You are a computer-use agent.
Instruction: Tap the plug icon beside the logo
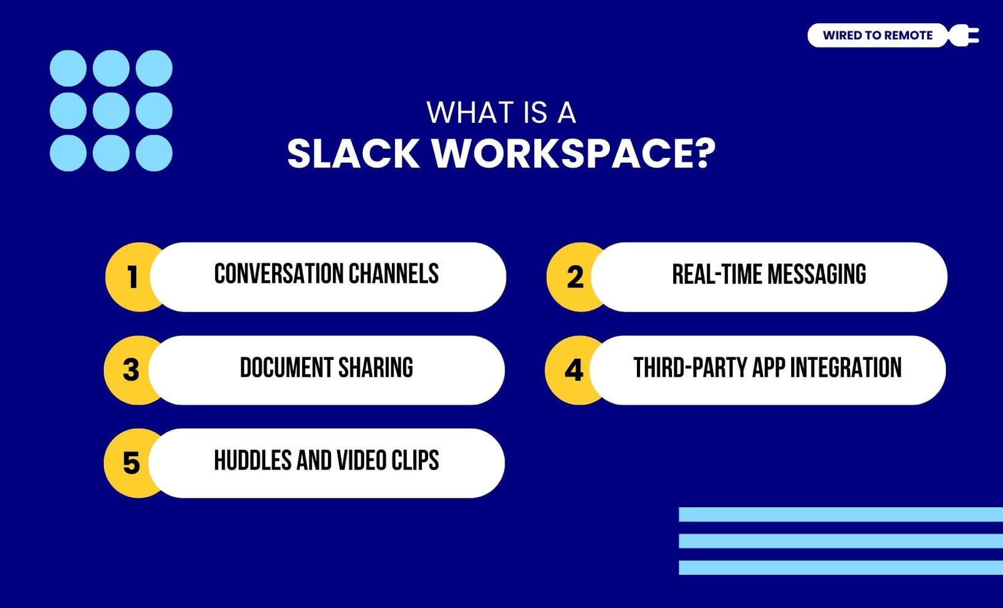[964, 35]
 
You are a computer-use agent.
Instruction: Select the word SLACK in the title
[354, 154]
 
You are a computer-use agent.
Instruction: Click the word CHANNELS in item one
[394, 273]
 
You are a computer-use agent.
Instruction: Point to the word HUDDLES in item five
[253, 460]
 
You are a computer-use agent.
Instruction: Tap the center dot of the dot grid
[111, 110]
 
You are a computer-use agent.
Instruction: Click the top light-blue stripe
[841, 515]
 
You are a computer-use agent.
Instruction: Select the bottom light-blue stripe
[841, 567]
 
